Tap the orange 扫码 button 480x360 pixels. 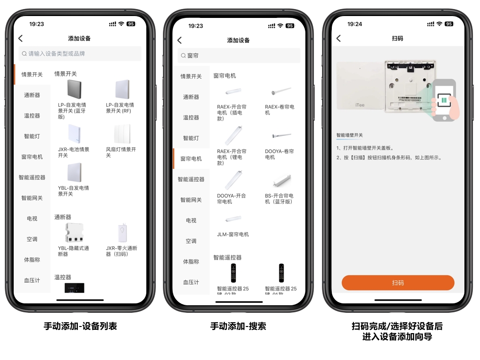pos(398,283)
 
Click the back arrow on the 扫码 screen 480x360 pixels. pos(338,38)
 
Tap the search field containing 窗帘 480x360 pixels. pos(239,55)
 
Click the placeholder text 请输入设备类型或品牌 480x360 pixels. pos(57,54)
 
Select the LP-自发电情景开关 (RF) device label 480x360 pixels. pos(120,108)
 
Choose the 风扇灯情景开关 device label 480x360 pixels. pos(121,152)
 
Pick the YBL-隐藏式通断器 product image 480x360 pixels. pos(74,233)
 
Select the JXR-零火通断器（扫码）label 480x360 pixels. pos(121,251)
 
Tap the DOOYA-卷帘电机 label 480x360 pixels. pos(279,154)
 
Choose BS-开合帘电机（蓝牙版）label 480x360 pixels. pos(279,198)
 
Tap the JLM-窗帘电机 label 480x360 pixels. pos(233,234)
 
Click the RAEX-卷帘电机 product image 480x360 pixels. pos(281,91)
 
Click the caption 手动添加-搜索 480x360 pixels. pos(238,326)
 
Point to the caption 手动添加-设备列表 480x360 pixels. pos(80,326)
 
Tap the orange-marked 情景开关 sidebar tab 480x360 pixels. pos(32,75)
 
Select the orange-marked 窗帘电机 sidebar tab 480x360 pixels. pos(191,159)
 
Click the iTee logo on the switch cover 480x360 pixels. pos(360,105)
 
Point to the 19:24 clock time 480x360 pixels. pos(354,24)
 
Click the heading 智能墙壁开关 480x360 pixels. pos(350,135)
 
